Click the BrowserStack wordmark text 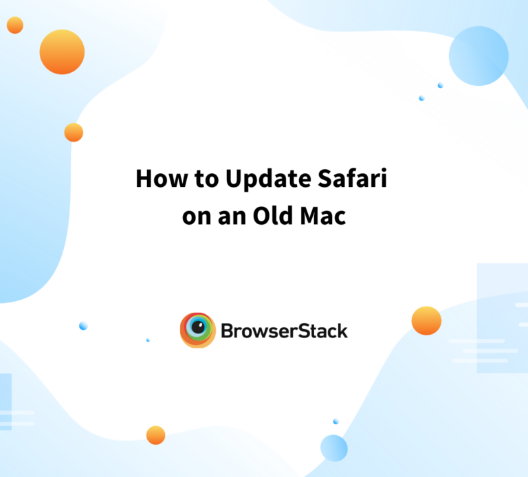[284, 331]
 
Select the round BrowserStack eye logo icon [198, 331]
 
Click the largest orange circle [62, 52]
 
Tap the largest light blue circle [478, 56]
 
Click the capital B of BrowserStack [228, 331]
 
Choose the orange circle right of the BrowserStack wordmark [426, 321]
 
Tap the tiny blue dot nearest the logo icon [148, 340]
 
